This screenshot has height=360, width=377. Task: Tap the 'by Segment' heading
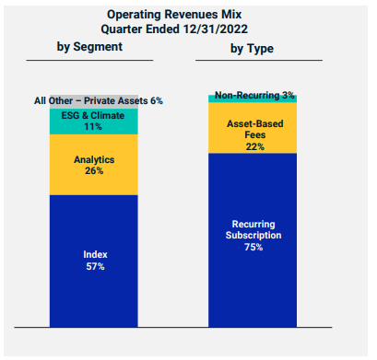(89, 46)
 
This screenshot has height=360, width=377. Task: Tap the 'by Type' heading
(253, 46)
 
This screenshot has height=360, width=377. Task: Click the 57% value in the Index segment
(94, 267)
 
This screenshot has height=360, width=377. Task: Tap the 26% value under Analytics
(94, 171)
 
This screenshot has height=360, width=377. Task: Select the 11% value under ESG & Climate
(94, 127)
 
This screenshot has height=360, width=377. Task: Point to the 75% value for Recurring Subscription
(253, 248)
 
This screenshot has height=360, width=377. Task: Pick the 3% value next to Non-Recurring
(289, 95)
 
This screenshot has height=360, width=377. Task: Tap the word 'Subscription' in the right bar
(253, 235)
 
